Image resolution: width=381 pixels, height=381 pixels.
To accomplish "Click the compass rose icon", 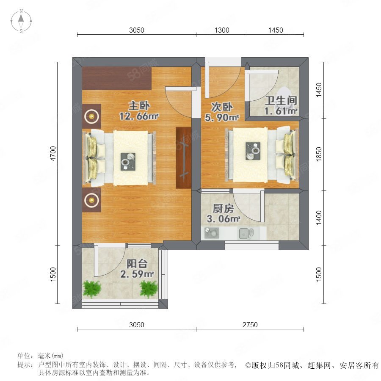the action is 21,21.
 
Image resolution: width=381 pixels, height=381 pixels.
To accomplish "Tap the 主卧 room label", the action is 139,105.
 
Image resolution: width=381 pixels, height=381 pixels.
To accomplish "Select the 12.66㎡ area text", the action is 139,116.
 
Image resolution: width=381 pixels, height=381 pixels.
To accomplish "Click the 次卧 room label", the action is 222,107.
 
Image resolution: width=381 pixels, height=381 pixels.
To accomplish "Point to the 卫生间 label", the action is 281,101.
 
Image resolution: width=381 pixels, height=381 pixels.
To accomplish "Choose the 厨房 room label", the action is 223,208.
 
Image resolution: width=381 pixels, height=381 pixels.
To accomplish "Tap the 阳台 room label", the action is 137,264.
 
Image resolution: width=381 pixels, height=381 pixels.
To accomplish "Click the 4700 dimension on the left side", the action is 53,153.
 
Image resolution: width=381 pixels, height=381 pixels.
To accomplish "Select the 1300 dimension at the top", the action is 222,30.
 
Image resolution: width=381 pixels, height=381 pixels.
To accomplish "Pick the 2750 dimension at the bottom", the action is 250,325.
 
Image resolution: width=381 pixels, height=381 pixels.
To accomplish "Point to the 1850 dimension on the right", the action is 319,154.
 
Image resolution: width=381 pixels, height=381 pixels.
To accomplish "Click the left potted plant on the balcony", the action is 92,289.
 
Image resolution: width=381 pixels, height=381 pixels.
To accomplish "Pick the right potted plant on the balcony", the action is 149,289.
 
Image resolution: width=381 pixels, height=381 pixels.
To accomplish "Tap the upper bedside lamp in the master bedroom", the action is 91,117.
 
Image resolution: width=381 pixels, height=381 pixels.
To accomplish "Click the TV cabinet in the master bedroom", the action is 184,157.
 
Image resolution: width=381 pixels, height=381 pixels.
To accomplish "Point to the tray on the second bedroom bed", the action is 253,151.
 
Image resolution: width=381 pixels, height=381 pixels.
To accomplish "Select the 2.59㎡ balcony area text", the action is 137,274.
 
